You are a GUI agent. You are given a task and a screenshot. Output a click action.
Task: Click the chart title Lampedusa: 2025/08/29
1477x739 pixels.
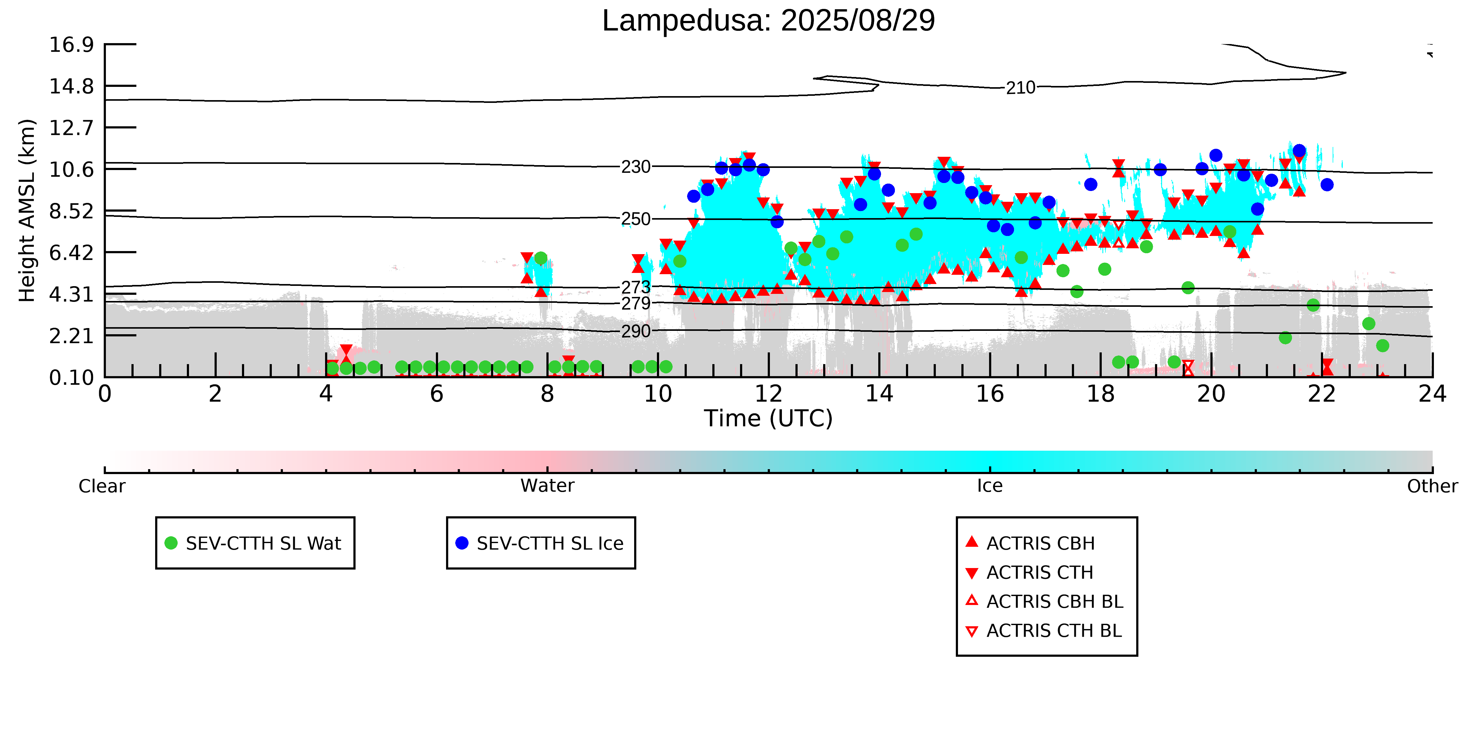768,21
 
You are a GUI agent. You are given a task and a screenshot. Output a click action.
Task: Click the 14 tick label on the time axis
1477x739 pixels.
879,394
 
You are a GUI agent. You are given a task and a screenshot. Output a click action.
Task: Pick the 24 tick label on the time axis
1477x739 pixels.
1432,394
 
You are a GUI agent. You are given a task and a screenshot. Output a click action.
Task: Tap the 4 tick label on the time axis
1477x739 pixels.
326,394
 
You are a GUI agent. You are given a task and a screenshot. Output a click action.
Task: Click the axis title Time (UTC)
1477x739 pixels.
768,418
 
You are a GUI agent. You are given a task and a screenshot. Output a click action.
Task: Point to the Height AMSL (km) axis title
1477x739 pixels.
27,211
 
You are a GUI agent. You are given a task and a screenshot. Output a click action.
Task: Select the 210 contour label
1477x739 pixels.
1020,88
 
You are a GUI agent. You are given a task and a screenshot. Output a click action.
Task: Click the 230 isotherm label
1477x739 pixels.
636,167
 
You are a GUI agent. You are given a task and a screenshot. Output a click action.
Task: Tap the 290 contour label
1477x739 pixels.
636,331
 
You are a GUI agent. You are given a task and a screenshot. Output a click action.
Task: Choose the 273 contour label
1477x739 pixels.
636,287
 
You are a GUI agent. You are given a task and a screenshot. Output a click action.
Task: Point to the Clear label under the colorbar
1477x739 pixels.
102,486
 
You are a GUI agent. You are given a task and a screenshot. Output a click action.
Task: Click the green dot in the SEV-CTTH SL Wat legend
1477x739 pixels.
171,543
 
